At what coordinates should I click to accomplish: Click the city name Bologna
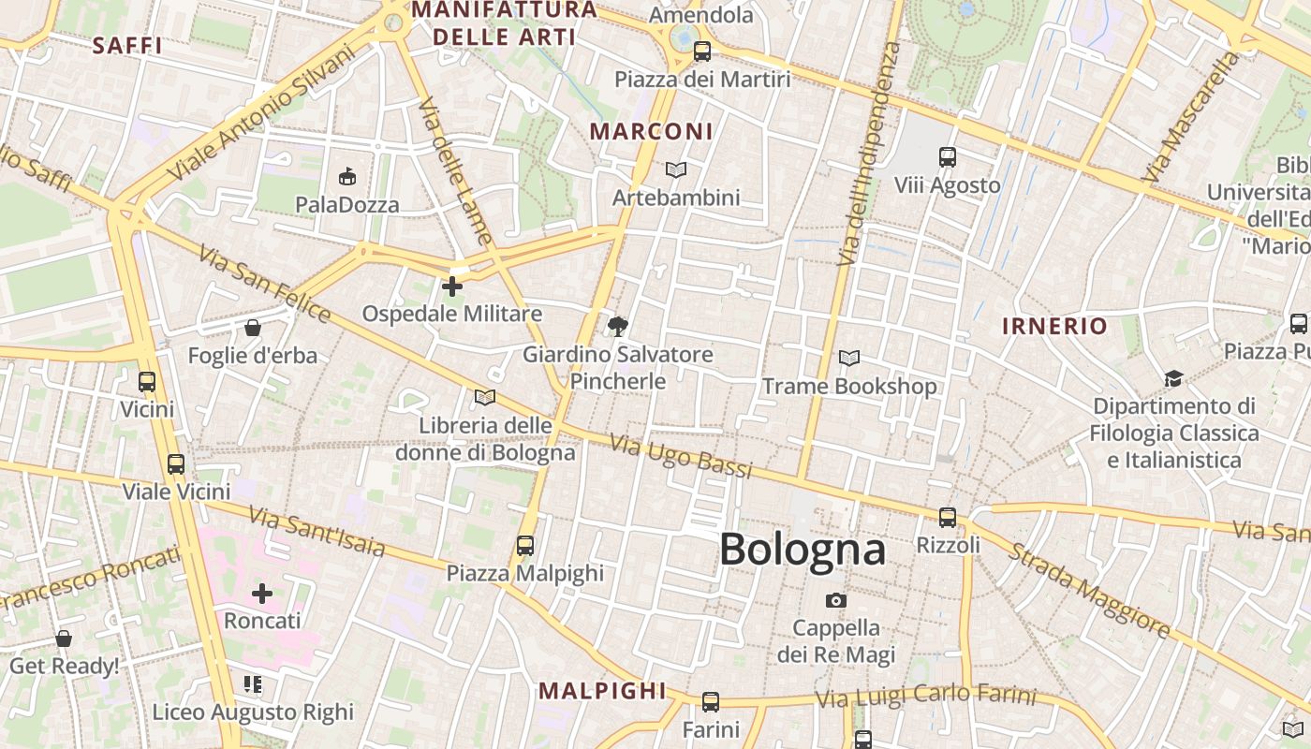pyautogui.click(x=802, y=550)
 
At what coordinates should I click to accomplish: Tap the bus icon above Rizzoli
pyautogui.click(x=948, y=517)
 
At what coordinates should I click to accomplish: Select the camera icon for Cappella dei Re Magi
pyautogui.click(x=836, y=600)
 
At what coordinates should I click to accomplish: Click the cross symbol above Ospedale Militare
pyautogui.click(x=452, y=286)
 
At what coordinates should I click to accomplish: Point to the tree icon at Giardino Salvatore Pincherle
pyautogui.click(x=617, y=327)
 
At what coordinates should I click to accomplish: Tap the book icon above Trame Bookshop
pyautogui.click(x=849, y=358)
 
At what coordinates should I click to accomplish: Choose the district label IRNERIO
pyautogui.click(x=1054, y=327)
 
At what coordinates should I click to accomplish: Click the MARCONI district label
pyautogui.click(x=652, y=132)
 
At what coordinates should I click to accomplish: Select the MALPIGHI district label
pyautogui.click(x=601, y=692)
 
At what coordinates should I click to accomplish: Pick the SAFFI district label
pyautogui.click(x=128, y=45)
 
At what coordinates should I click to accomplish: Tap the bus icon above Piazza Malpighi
pyautogui.click(x=525, y=545)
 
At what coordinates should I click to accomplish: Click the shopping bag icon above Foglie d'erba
pyautogui.click(x=252, y=328)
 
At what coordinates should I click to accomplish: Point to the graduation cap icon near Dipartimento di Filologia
pyautogui.click(x=1173, y=378)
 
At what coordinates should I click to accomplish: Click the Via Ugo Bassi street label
pyautogui.click(x=681, y=456)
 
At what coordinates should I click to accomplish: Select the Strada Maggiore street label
pyautogui.click(x=1088, y=590)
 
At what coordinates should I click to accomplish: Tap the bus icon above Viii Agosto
pyautogui.click(x=948, y=157)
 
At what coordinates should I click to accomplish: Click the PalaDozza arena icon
pyautogui.click(x=347, y=176)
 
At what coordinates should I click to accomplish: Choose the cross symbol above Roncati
pyautogui.click(x=262, y=593)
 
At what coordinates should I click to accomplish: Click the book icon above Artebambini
pyautogui.click(x=676, y=169)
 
